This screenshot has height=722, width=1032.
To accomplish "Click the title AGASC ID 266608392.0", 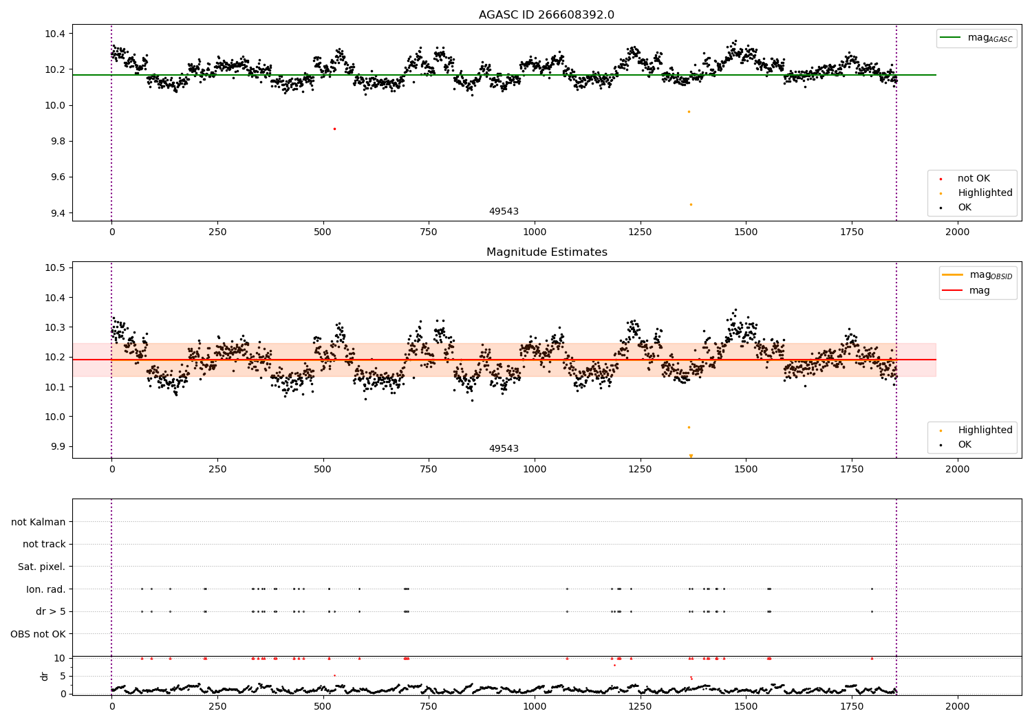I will point(546,15).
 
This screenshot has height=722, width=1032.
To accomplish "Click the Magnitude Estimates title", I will point(546,252).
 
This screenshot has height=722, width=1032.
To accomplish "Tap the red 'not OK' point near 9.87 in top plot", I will point(334,129).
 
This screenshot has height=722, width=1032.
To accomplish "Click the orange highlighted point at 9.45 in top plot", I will point(691,204).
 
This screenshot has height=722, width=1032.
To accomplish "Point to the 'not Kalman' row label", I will point(39,522).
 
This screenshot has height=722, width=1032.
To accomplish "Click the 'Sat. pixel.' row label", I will point(41,567).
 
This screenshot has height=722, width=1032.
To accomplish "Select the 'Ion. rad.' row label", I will point(45,589).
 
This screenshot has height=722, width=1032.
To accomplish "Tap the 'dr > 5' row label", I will point(50,611).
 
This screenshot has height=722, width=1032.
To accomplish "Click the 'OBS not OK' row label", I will point(38,634).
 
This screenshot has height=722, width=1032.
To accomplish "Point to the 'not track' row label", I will point(44,544).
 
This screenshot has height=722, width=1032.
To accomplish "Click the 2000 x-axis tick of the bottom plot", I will point(957,706).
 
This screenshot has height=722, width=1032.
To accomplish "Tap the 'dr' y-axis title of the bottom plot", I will point(45,676).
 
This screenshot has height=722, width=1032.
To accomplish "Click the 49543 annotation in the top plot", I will point(504,212).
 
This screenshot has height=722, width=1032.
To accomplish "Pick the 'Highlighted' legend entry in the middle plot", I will point(985,430).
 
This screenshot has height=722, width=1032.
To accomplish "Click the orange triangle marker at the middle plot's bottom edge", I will point(691,456).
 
